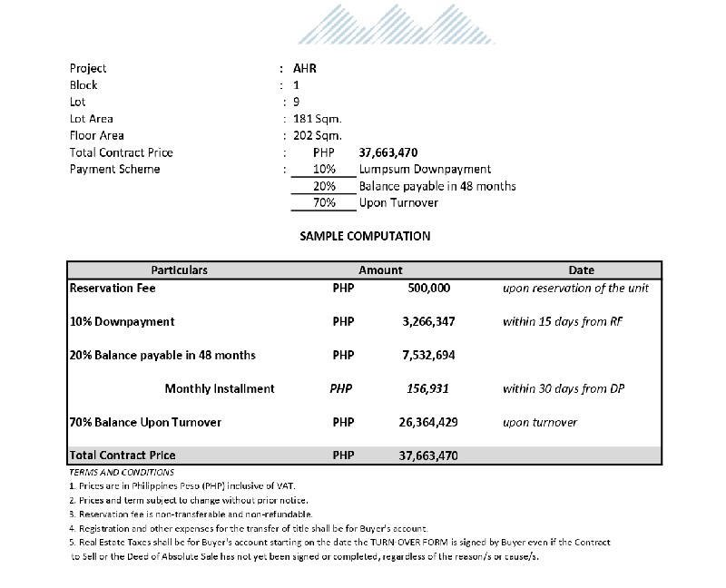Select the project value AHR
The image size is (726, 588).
[x=305, y=68]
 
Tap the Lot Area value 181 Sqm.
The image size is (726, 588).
[x=317, y=119]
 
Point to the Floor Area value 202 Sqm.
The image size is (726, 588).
[x=317, y=136]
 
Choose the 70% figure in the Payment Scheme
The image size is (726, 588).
[x=324, y=202]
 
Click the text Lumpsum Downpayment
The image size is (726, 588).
[x=425, y=170]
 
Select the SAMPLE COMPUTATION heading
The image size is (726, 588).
[x=365, y=236]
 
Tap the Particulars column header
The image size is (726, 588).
[x=179, y=270]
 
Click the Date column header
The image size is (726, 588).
[x=581, y=270]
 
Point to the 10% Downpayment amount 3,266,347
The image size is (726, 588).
[x=428, y=321]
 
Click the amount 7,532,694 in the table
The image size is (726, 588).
[x=428, y=355]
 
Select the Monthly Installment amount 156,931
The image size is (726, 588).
[x=430, y=388]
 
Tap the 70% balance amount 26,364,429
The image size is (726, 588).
[x=428, y=422]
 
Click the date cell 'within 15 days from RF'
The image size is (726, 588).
[x=563, y=321]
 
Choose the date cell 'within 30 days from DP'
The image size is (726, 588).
[x=564, y=388]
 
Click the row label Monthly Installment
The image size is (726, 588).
[x=220, y=388]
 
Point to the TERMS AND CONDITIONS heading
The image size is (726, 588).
[x=122, y=473]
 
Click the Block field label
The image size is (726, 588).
[x=83, y=84]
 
